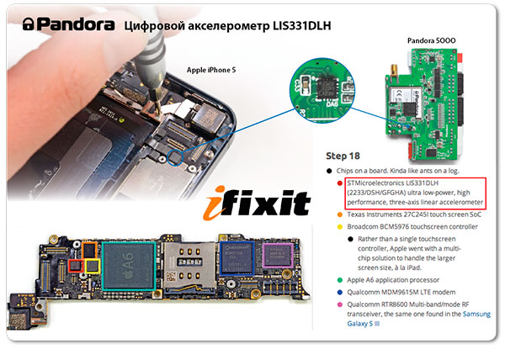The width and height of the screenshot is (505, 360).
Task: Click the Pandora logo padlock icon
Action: [28, 24]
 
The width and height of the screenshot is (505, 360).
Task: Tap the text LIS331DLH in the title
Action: [302, 26]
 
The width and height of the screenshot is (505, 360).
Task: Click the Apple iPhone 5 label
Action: [211, 70]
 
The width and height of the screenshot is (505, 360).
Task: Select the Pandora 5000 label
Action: [431, 40]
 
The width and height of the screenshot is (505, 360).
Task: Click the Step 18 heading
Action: [343, 156]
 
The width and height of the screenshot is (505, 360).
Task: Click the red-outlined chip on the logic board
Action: [76, 266]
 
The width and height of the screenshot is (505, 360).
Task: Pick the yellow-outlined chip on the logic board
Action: [93, 266]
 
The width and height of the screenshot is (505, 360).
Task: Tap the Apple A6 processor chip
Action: [129, 266]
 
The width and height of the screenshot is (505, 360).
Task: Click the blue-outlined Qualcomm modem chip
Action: [237, 257]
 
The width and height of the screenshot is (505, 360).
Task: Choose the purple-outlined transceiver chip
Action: [278, 256]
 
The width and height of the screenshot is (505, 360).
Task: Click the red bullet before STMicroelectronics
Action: [339, 183]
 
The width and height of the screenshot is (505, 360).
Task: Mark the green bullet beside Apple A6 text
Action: [339, 280]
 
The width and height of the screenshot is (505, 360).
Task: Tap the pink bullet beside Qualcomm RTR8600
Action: [339, 304]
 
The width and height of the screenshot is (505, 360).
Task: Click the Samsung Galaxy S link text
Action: [418, 319]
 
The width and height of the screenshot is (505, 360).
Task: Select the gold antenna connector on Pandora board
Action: [394, 71]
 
